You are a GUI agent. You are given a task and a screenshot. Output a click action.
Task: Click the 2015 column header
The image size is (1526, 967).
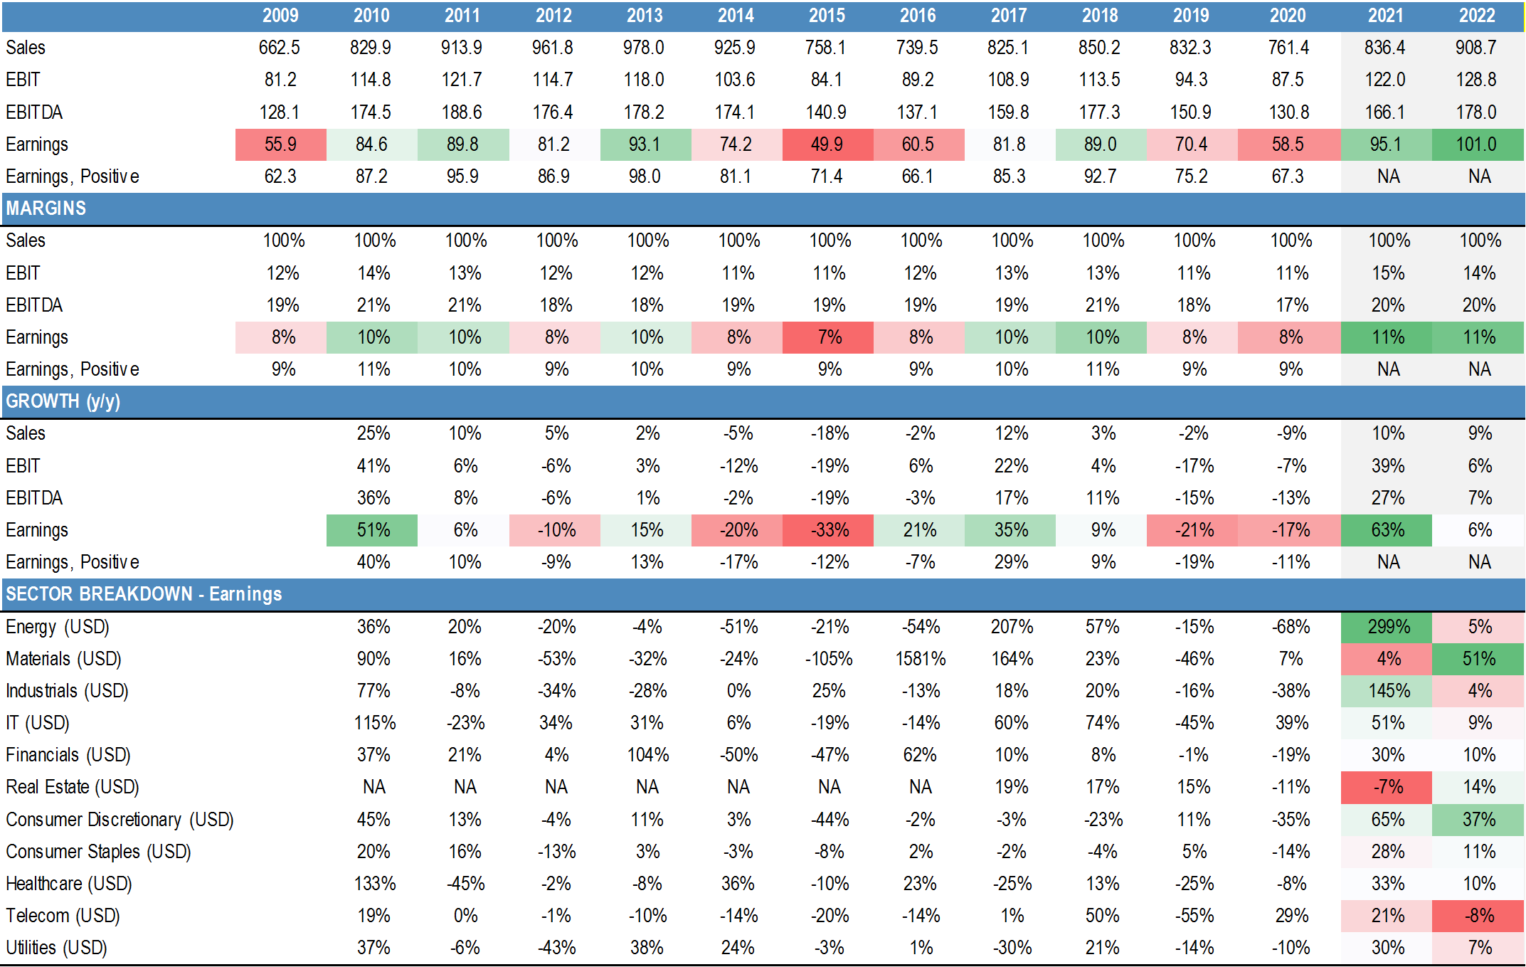827,16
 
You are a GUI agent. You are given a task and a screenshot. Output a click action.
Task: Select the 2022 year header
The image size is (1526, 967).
1477,16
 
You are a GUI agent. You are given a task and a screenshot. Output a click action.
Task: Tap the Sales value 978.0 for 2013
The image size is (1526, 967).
644,48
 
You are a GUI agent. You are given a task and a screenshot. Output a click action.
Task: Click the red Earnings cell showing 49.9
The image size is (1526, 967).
827,144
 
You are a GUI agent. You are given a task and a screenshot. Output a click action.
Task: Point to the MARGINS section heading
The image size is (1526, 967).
46,208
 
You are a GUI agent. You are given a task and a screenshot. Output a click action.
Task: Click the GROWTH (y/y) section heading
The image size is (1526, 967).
63,401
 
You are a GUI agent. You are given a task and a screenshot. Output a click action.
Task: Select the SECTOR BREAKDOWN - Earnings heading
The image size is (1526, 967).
144,594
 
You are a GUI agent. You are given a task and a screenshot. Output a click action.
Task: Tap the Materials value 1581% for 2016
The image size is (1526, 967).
920,659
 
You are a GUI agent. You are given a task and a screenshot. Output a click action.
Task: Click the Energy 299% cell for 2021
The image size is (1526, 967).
1387,627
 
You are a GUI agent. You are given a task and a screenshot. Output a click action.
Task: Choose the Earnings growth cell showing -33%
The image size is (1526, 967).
829,530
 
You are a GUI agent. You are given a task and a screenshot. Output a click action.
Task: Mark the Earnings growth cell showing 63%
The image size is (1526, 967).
1387,530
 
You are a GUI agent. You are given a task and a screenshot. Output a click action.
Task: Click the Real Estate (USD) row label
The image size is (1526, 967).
73,787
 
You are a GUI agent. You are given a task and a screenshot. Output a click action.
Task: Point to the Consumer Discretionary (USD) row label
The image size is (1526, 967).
120,820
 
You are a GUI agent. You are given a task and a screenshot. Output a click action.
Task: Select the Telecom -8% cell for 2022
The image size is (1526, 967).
1478,916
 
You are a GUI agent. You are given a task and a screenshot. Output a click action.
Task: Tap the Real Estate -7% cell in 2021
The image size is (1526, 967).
1387,787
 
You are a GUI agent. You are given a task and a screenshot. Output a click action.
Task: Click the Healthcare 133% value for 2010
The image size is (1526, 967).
374,884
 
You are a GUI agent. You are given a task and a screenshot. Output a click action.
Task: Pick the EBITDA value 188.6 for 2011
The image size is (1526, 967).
462,112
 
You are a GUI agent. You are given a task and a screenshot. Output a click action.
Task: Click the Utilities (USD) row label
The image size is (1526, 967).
56,948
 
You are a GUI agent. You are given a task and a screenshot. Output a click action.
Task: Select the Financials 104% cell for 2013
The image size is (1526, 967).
647,755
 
